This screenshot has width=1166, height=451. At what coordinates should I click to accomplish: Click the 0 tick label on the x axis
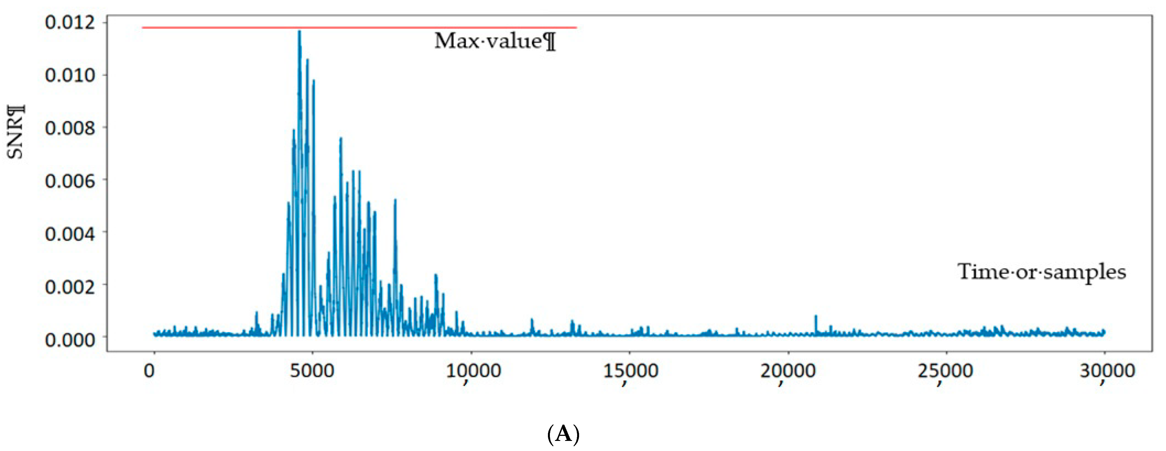pyautogui.click(x=149, y=371)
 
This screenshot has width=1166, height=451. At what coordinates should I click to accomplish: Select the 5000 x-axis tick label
pyautogui.click(x=312, y=371)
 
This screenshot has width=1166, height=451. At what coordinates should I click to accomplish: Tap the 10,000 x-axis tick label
pyautogui.click(x=473, y=372)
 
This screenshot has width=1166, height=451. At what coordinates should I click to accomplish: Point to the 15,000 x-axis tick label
pyautogui.click(x=630, y=372)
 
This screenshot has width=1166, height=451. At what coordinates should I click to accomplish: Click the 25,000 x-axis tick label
pyautogui.click(x=945, y=372)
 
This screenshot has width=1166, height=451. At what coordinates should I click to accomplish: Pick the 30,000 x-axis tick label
pyautogui.click(x=1107, y=372)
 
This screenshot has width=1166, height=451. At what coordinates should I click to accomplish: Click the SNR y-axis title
pyautogui.click(x=16, y=131)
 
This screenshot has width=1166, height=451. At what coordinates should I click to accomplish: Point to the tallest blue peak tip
pyautogui.click(x=299, y=31)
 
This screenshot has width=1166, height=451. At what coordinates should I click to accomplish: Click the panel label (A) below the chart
pyautogui.click(x=563, y=434)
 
